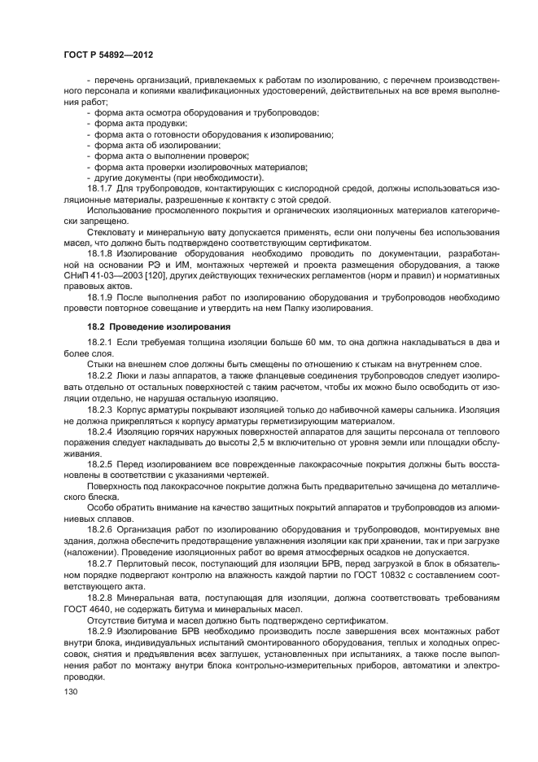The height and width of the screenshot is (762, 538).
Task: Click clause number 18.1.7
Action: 102,189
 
